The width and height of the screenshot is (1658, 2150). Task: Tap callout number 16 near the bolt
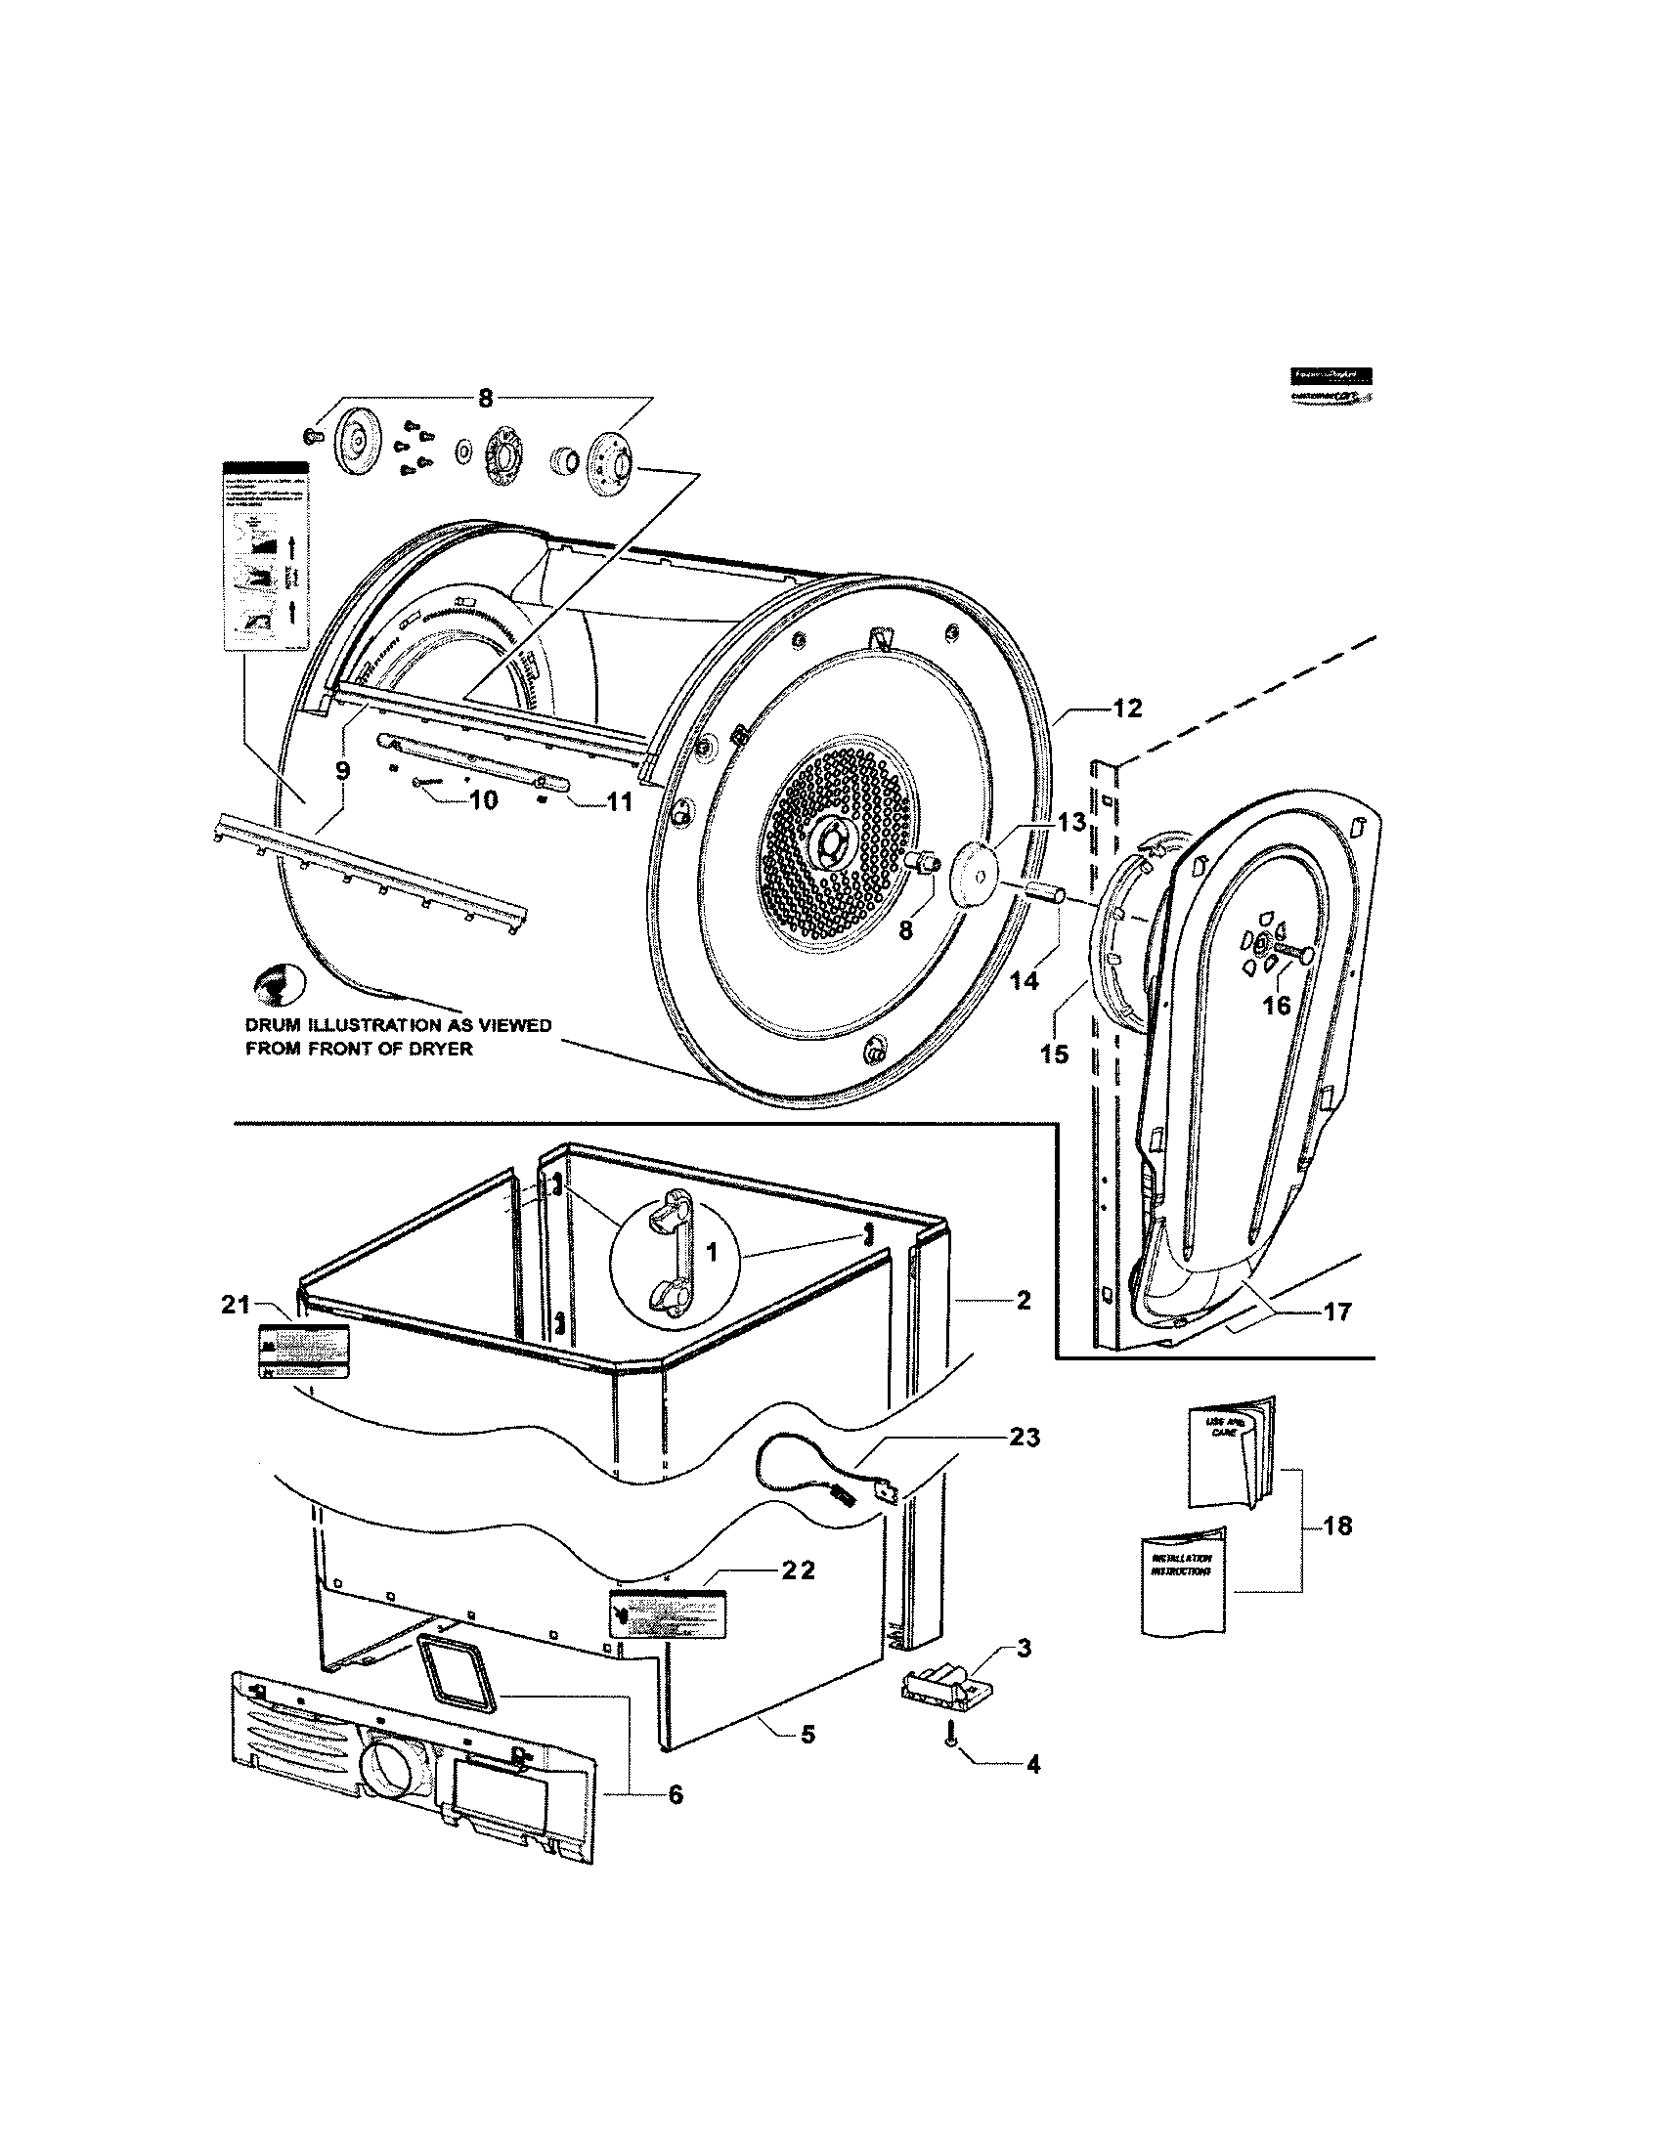(x=1276, y=1006)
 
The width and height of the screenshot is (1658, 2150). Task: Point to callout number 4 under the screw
(x=1032, y=1765)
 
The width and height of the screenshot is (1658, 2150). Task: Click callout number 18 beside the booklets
(x=1337, y=1526)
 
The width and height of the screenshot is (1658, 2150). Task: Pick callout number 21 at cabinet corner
(x=235, y=1305)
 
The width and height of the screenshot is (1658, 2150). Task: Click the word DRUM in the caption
(x=273, y=1026)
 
